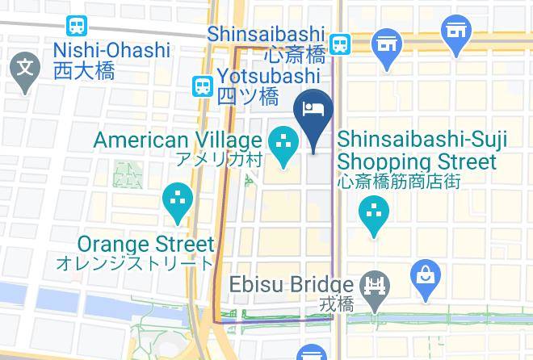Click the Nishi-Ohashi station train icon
tap(78, 26)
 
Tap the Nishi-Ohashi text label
tap(111, 50)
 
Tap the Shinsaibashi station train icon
tap(339, 44)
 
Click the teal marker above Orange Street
tap(177, 201)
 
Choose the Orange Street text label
tap(146, 244)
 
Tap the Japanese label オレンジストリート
tap(135, 263)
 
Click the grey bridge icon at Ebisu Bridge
tap(376, 285)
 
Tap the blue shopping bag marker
tap(424, 274)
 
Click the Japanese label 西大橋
tap(83, 70)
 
